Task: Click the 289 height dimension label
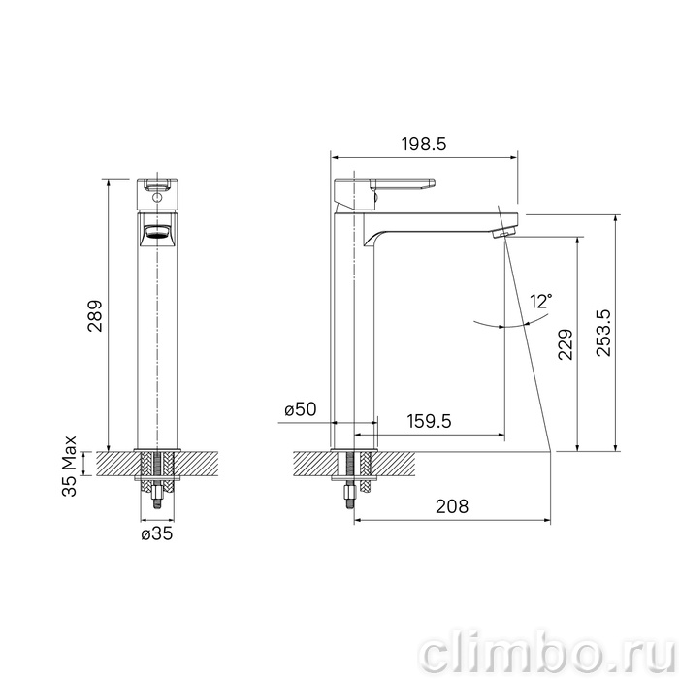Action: tap(95, 315)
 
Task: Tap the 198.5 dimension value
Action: tap(424, 144)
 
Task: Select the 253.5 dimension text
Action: tap(603, 333)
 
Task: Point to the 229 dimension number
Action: tap(566, 344)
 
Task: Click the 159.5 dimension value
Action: tap(429, 420)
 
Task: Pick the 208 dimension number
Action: tap(452, 506)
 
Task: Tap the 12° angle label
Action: tap(541, 301)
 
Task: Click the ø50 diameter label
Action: tap(301, 409)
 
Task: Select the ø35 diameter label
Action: tap(157, 534)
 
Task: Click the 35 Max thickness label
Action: tap(69, 466)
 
